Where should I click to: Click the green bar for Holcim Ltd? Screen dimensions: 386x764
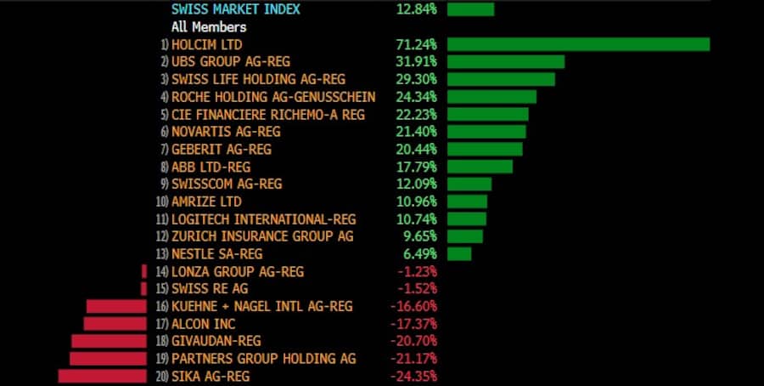[x=577, y=44]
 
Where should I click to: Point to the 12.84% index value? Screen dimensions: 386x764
[x=416, y=9]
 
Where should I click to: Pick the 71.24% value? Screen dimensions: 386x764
[x=416, y=44]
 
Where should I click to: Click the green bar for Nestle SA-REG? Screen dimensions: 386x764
[x=459, y=254]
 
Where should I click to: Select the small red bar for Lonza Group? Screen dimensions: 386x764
[x=144, y=271]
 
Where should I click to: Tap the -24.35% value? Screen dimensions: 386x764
[x=413, y=376]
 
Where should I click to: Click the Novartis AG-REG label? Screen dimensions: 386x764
[x=226, y=132]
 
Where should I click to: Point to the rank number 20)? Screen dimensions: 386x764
[x=161, y=376]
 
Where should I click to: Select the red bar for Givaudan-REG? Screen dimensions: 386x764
[x=110, y=341]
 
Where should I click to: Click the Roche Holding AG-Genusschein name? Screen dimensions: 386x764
[x=273, y=97]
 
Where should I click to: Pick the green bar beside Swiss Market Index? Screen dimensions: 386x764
[x=470, y=9]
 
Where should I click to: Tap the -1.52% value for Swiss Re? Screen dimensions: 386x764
[x=416, y=289]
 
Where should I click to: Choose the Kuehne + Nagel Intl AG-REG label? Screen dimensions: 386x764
[x=261, y=306]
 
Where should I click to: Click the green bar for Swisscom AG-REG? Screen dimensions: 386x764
[x=469, y=184]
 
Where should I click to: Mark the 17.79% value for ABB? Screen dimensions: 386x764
[x=416, y=167]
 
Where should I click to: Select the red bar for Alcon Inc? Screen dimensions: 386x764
[x=115, y=324]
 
